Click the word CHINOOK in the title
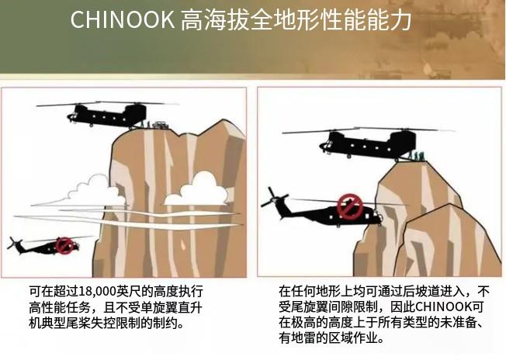123,19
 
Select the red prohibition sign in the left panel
64,246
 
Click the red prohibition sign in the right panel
350,206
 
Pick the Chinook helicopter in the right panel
368,144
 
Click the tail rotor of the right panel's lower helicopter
273,197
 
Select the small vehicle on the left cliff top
159,124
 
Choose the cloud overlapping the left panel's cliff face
197,190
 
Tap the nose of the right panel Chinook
324,146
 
